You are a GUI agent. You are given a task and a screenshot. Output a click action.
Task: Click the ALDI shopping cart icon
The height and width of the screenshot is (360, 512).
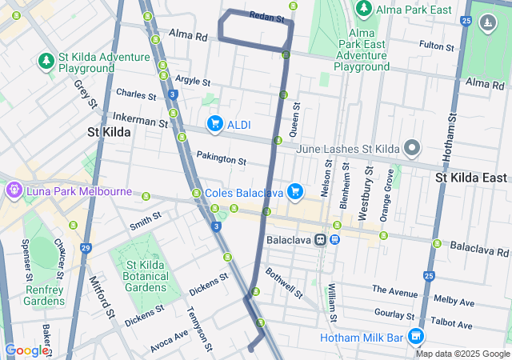(x=214, y=124)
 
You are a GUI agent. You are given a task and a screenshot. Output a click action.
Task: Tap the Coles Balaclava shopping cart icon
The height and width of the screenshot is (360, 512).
(x=295, y=190)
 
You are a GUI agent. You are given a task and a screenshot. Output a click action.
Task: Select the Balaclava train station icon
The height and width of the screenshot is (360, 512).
(x=319, y=239)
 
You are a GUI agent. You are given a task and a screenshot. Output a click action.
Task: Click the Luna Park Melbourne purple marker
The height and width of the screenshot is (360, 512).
(x=14, y=191)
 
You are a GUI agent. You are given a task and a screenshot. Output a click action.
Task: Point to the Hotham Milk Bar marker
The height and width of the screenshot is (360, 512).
(x=414, y=337)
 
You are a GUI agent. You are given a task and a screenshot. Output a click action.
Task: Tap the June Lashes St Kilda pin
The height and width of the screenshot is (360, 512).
(x=412, y=148)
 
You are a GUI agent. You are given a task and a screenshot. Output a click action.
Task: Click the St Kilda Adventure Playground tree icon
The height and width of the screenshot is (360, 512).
(x=46, y=61)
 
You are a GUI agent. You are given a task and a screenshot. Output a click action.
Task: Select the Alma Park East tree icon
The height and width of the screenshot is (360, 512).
(x=364, y=8)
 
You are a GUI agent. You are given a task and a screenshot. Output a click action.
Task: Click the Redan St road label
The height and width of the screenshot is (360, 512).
(x=267, y=16)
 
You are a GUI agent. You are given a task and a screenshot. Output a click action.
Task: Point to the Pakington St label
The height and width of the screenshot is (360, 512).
(x=222, y=159)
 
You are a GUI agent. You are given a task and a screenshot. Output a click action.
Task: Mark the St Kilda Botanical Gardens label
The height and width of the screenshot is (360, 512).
(x=141, y=277)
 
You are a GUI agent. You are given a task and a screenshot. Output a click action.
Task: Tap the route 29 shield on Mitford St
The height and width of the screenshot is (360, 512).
(x=85, y=248)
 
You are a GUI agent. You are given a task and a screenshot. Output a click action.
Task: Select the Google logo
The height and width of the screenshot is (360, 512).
(x=26, y=350)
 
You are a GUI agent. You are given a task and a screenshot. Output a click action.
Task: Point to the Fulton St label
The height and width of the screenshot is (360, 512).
(x=436, y=47)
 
